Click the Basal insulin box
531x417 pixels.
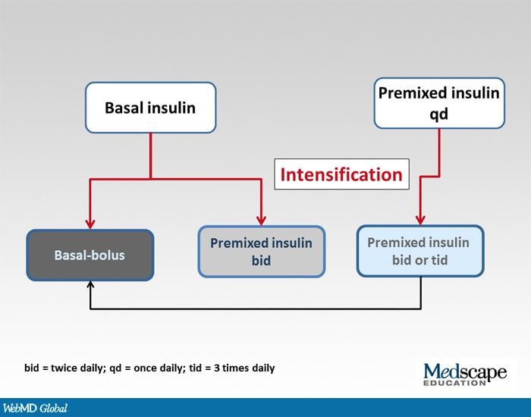[x=150, y=108]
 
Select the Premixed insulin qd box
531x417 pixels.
[x=439, y=102]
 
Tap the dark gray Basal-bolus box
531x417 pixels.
[x=90, y=255]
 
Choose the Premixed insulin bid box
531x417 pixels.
[x=261, y=251]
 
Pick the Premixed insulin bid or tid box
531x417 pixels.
[x=419, y=251]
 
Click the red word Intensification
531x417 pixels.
[x=341, y=174]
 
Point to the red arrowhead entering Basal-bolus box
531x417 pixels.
[x=90, y=224]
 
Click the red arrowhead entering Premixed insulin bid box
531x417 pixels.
[x=261, y=221]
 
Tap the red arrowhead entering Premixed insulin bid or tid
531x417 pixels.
[x=419, y=220]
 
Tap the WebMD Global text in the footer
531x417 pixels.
[x=34, y=408]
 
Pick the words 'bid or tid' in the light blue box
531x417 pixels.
[x=419, y=259]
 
